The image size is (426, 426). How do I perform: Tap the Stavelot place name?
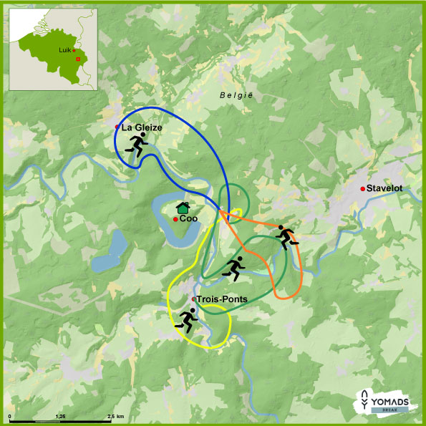click(384, 188)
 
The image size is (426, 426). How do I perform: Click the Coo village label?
click(188, 219)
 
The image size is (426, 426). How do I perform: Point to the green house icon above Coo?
click(183, 208)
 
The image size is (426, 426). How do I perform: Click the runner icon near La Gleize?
click(135, 144)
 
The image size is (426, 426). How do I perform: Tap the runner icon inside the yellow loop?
click(188, 319)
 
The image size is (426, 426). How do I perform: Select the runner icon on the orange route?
click(287, 236)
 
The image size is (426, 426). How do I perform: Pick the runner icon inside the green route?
click(234, 267)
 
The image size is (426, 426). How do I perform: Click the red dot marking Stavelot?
click(363, 188)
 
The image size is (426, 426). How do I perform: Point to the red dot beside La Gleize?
click(117, 127)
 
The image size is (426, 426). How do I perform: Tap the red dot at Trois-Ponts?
click(193, 299)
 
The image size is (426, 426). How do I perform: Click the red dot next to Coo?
click(175, 219)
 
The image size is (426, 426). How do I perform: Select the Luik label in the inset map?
click(65, 51)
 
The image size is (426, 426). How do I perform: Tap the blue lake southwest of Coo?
click(107, 255)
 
